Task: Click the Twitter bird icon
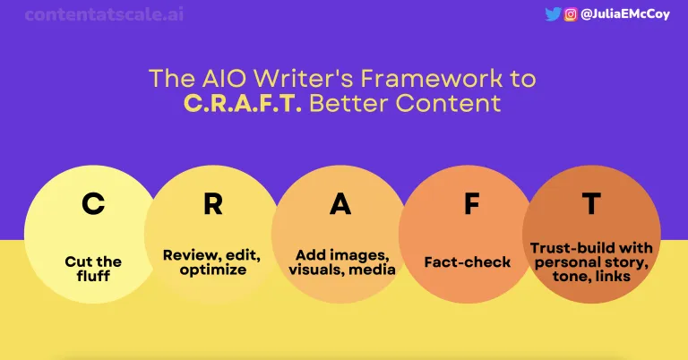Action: coord(553,13)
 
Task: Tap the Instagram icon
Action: coord(571,13)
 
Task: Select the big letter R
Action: coord(212,205)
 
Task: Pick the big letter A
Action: coord(340,205)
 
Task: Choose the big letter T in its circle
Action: coord(590,205)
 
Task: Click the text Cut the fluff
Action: coord(92,269)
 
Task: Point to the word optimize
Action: coord(211,270)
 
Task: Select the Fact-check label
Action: coord(467,262)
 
